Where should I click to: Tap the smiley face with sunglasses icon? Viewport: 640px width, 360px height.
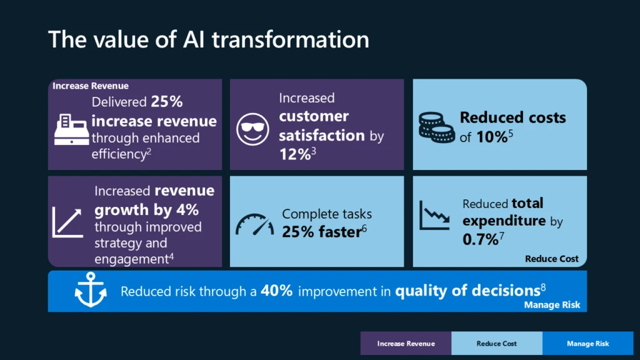coord(252,129)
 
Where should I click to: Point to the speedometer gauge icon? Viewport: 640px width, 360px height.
coord(254,224)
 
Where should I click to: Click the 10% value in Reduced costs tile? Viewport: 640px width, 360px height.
coord(491,137)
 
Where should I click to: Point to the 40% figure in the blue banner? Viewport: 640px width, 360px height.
coord(277,291)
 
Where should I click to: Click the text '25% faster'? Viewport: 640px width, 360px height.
coord(321,232)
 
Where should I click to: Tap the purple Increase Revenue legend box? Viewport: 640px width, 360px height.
coord(406,343)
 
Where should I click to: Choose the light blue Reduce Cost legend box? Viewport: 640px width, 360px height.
coord(496,343)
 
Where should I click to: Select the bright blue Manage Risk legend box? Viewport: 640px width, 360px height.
coord(587,343)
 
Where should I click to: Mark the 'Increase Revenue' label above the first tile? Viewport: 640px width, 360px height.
coord(90,86)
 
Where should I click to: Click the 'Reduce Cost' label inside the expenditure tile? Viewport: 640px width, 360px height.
coord(551,259)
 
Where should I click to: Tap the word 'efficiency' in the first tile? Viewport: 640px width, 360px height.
coord(119,154)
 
